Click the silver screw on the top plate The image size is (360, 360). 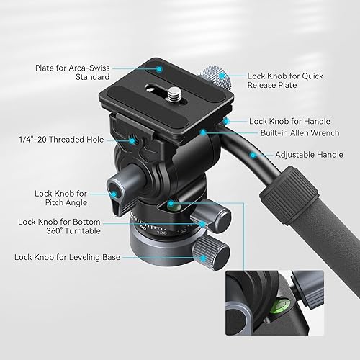[173, 92]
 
